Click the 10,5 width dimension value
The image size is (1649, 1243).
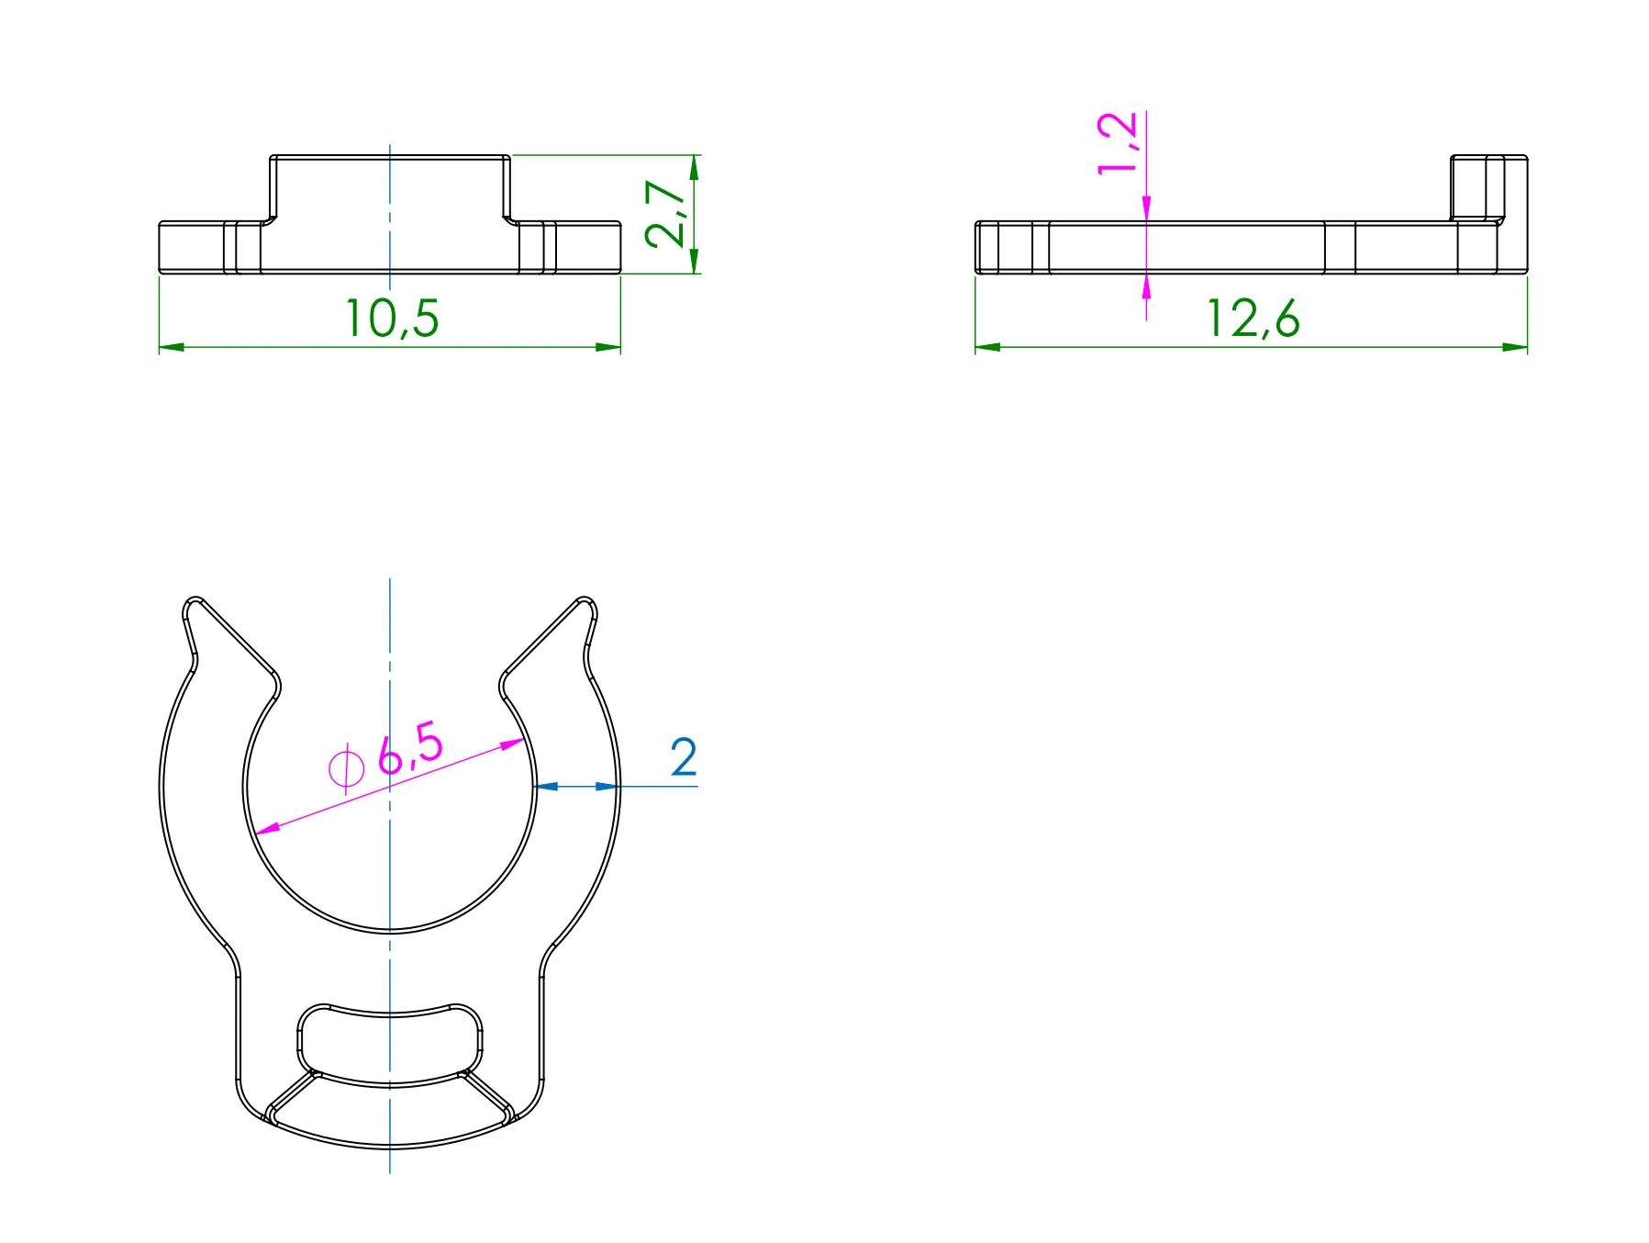tap(392, 319)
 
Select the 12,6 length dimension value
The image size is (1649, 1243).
tap(1252, 319)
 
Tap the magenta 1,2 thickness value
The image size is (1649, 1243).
tap(1118, 142)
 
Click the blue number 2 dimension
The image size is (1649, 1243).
tap(684, 757)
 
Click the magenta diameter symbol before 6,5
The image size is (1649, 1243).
tap(346, 767)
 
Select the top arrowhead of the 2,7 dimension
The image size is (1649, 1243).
tap(695, 167)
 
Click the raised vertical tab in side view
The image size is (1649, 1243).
tap(1488, 187)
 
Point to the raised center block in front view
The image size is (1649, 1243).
tap(389, 188)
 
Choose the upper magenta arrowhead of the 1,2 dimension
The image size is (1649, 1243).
tap(1146, 208)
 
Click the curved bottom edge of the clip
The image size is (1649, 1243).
tap(389, 1147)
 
